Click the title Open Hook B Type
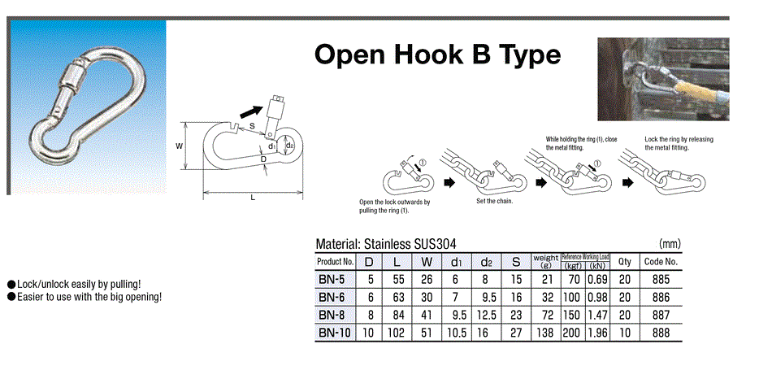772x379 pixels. (437, 54)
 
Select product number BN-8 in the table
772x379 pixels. (334, 313)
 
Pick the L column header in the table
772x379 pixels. (396, 262)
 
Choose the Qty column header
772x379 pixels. (624, 262)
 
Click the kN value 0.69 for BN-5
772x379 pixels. (597, 278)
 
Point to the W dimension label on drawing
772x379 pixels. (180, 146)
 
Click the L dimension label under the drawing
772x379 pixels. (253, 198)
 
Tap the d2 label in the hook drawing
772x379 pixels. (290, 146)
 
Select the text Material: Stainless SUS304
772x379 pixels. (385, 243)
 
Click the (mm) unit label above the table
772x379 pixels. (669, 243)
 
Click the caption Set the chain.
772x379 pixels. (495, 201)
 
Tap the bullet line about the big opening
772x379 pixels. (85, 297)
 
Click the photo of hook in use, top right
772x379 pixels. (662, 79)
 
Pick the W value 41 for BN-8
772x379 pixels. (427, 313)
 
